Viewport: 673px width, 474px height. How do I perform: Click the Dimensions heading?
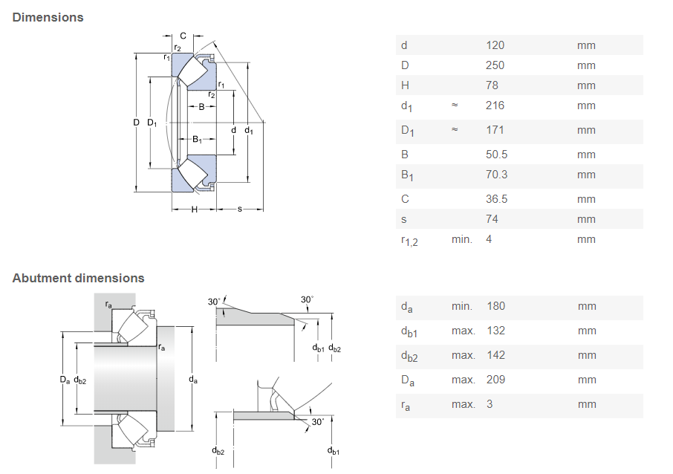[48, 17]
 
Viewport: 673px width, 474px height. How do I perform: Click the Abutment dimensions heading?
[78, 278]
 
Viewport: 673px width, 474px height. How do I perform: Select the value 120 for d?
[495, 45]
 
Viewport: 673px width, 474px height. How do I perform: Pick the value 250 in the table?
[495, 65]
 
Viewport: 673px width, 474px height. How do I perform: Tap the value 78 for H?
[492, 85]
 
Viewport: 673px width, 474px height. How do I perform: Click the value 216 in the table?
[495, 105]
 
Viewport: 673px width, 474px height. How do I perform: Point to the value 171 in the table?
[495, 130]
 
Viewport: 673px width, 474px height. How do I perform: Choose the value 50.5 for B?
[497, 155]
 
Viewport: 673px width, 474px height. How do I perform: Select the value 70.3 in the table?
[497, 175]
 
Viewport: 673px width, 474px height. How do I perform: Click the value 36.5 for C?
[497, 199]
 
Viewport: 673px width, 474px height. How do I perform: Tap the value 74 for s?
[492, 219]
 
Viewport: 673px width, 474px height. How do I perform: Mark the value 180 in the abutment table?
[495, 306]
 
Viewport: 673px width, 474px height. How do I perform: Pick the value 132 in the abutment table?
[495, 331]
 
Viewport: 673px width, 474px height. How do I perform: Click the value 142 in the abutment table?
[495, 355]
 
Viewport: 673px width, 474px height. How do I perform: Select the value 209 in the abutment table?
[495, 380]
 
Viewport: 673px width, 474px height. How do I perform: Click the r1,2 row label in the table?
[409, 240]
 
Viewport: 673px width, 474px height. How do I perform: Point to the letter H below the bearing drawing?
[195, 210]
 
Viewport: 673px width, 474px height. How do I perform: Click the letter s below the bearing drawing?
[240, 209]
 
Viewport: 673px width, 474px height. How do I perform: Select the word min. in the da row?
[461, 306]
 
